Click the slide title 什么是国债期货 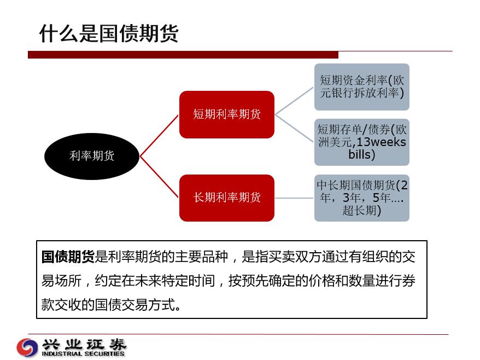point(109,33)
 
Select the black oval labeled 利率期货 point(92,156)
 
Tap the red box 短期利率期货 point(227,114)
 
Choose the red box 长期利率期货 point(227,198)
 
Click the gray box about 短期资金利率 point(362,87)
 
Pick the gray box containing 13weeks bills point(362,142)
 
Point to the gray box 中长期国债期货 point(362,198)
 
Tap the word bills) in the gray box point(362,154)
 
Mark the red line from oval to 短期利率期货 point(159,136)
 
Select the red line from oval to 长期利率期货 point(159,177)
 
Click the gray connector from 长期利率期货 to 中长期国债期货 point(294,198)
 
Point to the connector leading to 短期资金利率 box point(294,101)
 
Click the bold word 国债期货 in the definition point(68,257)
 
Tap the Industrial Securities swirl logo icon point(27,347)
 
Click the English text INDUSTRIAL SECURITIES point(83,353)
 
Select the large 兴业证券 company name point(84,344)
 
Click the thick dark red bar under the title point(183,55)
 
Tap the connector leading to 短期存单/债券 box point(294,129)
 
